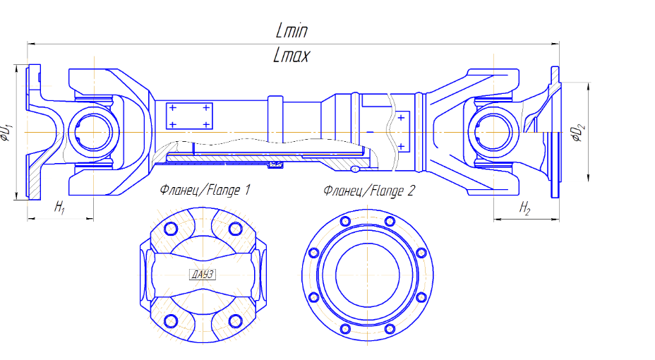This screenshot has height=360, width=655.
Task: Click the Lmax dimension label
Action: (292, 56)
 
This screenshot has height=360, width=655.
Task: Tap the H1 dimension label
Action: (60, 208)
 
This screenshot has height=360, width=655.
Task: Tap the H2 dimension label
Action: (525, 208)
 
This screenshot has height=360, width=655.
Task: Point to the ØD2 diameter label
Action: (579, 132)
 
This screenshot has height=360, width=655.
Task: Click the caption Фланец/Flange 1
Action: (205, 190)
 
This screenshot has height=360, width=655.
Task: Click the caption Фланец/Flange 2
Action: (369, 190)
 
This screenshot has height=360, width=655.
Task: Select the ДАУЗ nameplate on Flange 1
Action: (203, 275)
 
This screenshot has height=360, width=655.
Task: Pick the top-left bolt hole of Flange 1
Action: (169, 229)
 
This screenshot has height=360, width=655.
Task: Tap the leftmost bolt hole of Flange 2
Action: (311, 252)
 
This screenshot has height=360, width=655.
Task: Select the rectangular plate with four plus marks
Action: (188, 116)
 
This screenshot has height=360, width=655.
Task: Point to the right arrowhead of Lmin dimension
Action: (557, 44)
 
